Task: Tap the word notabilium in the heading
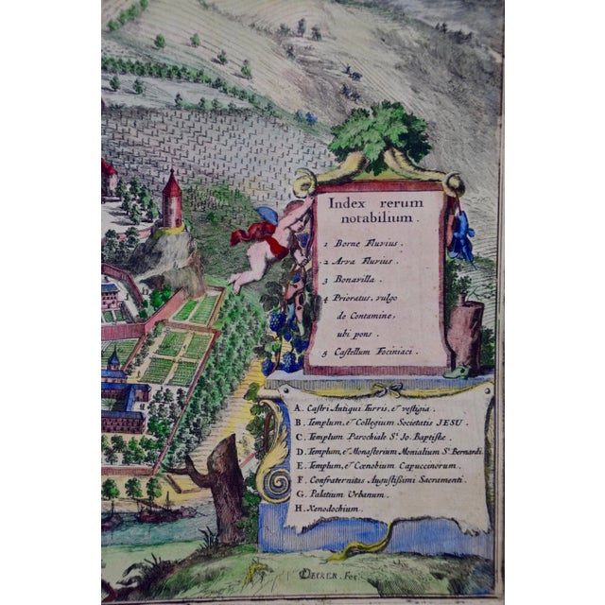click(x=377, y=217)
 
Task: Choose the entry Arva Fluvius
click(x=364, y=262)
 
